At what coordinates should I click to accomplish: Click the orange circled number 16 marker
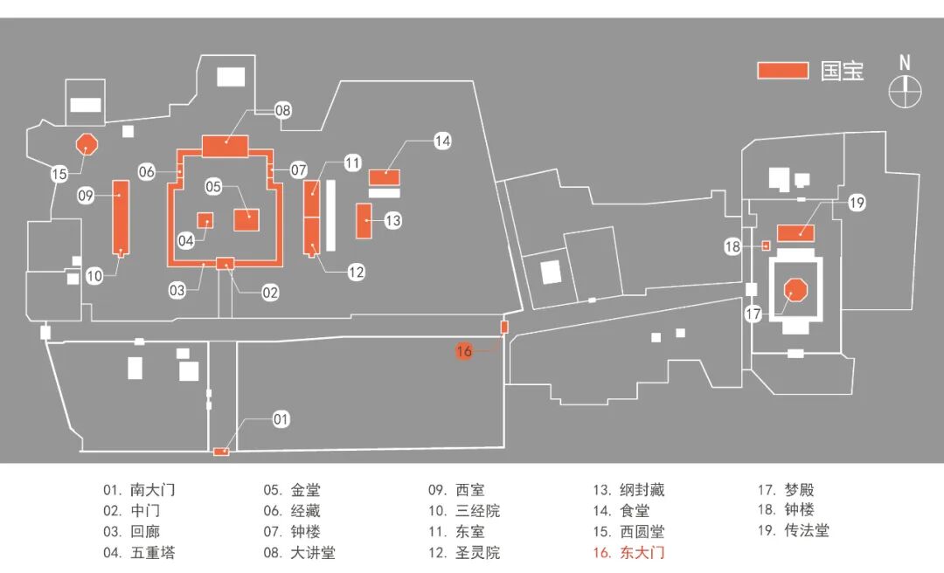[x=464, y=351]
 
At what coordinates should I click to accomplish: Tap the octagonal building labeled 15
[x=86, y=143]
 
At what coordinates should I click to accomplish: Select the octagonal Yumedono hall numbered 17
[x=795, y=290]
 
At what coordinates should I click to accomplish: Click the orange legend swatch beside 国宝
[x=782, y=71]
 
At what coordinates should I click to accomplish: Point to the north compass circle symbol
[x=905, y=91]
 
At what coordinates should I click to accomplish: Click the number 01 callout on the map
[x=280, y=420]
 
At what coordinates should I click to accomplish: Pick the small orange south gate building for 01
[x=221, y=452]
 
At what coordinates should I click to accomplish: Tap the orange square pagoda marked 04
[x=205, y=219]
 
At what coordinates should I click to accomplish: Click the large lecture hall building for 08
[x=226, y=146]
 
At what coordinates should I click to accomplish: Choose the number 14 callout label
[x=442, y=140]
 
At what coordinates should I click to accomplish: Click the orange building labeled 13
[x=364, y=220]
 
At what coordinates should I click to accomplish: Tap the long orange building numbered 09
[x=121, y=218]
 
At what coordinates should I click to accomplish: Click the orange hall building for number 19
[x=795, y=232]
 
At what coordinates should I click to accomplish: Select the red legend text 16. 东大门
[x=628, y=553]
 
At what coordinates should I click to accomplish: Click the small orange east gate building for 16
[x=504, y=327]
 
